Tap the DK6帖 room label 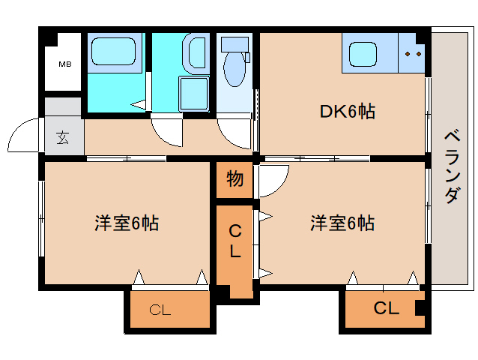coord(347,112)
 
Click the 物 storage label coord(235,180)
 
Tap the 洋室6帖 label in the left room coord(126,223)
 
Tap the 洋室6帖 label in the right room coord(342,223)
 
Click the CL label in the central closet coord(235,241)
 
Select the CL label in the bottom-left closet coord(160,309)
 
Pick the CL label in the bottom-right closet coord(386,307)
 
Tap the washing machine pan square coord(196,93)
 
